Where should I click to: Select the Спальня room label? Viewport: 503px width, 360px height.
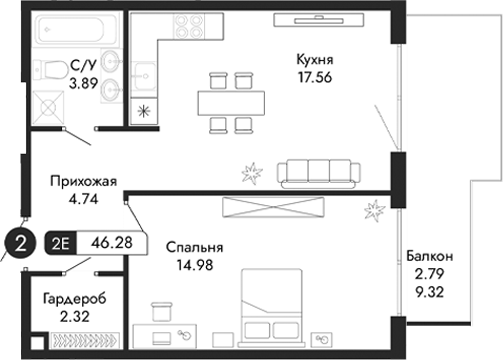194,247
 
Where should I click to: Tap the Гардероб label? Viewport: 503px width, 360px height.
75,299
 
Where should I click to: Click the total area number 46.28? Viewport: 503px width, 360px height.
113,242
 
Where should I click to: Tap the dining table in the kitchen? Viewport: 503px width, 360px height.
231,101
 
